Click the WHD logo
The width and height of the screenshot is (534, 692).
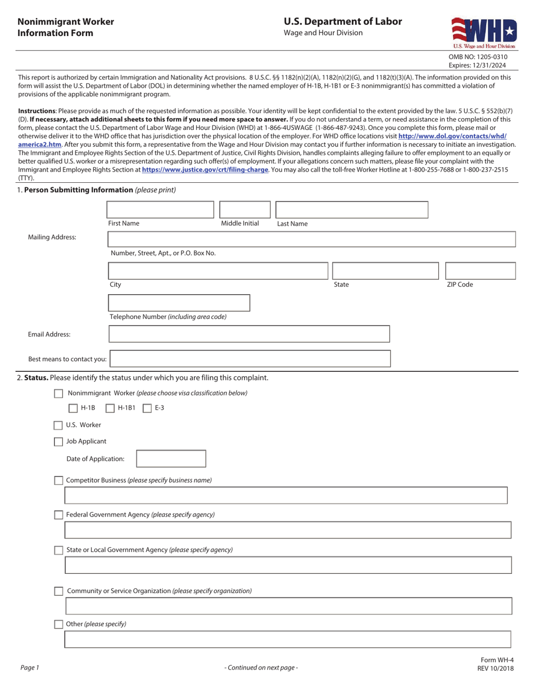[483, 33]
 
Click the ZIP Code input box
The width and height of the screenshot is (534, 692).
[480, 271]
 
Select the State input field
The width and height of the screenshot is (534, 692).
[385, 271]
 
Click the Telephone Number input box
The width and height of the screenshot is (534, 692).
[179, 303]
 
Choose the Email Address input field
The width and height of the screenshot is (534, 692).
[249, 334]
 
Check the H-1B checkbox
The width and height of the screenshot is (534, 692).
[73, 408]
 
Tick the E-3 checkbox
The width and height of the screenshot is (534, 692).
[147, 408]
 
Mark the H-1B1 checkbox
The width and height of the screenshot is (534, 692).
[110, 408]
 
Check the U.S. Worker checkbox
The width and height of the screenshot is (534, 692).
[58, 425]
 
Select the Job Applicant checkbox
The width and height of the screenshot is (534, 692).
[58, 442]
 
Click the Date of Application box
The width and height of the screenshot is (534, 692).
[171, 459]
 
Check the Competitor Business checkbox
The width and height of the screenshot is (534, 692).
[58, 480]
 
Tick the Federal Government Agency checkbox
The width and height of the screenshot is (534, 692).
[58, 515]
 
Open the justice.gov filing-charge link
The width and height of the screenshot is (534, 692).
[205, 169]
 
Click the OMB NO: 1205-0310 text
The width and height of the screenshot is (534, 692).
[478, 57]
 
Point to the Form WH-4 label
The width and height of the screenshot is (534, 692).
[497, 660]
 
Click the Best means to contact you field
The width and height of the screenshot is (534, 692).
[250, 359]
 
